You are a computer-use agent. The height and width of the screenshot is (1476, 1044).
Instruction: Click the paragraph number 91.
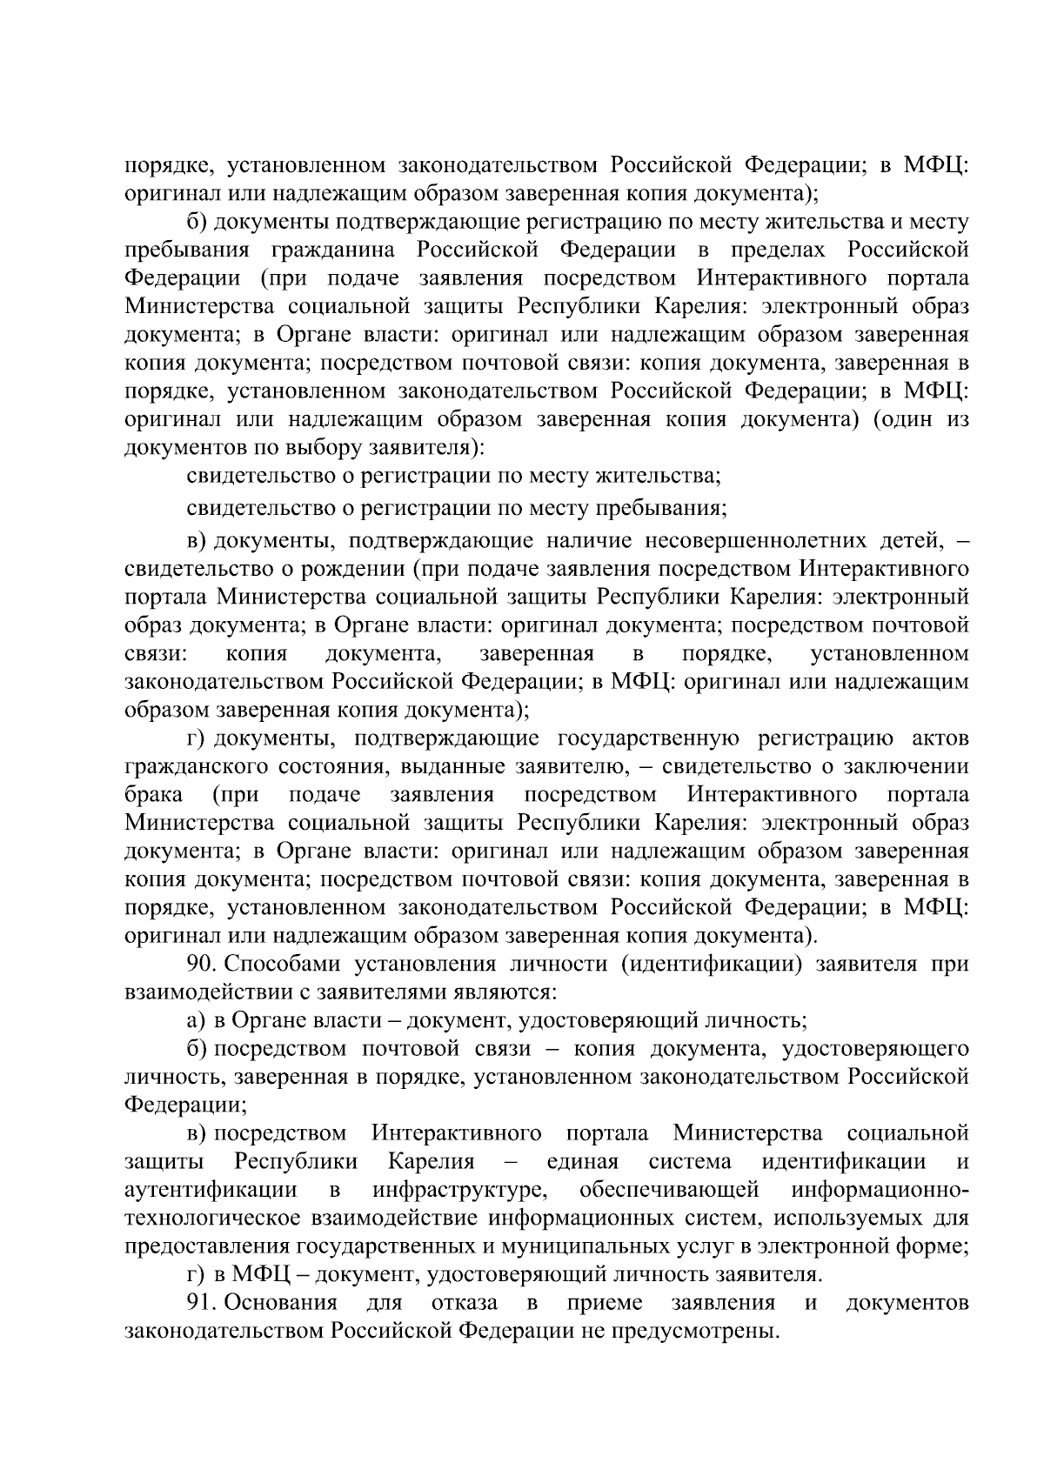[199, 1302]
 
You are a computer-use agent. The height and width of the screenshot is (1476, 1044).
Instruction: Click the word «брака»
[153, 794]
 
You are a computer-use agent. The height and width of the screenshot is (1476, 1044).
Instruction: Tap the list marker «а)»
[195, 1020]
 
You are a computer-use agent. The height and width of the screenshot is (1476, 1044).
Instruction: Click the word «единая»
[582, 1161]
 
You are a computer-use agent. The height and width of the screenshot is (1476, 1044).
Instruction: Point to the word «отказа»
[465, 1302]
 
